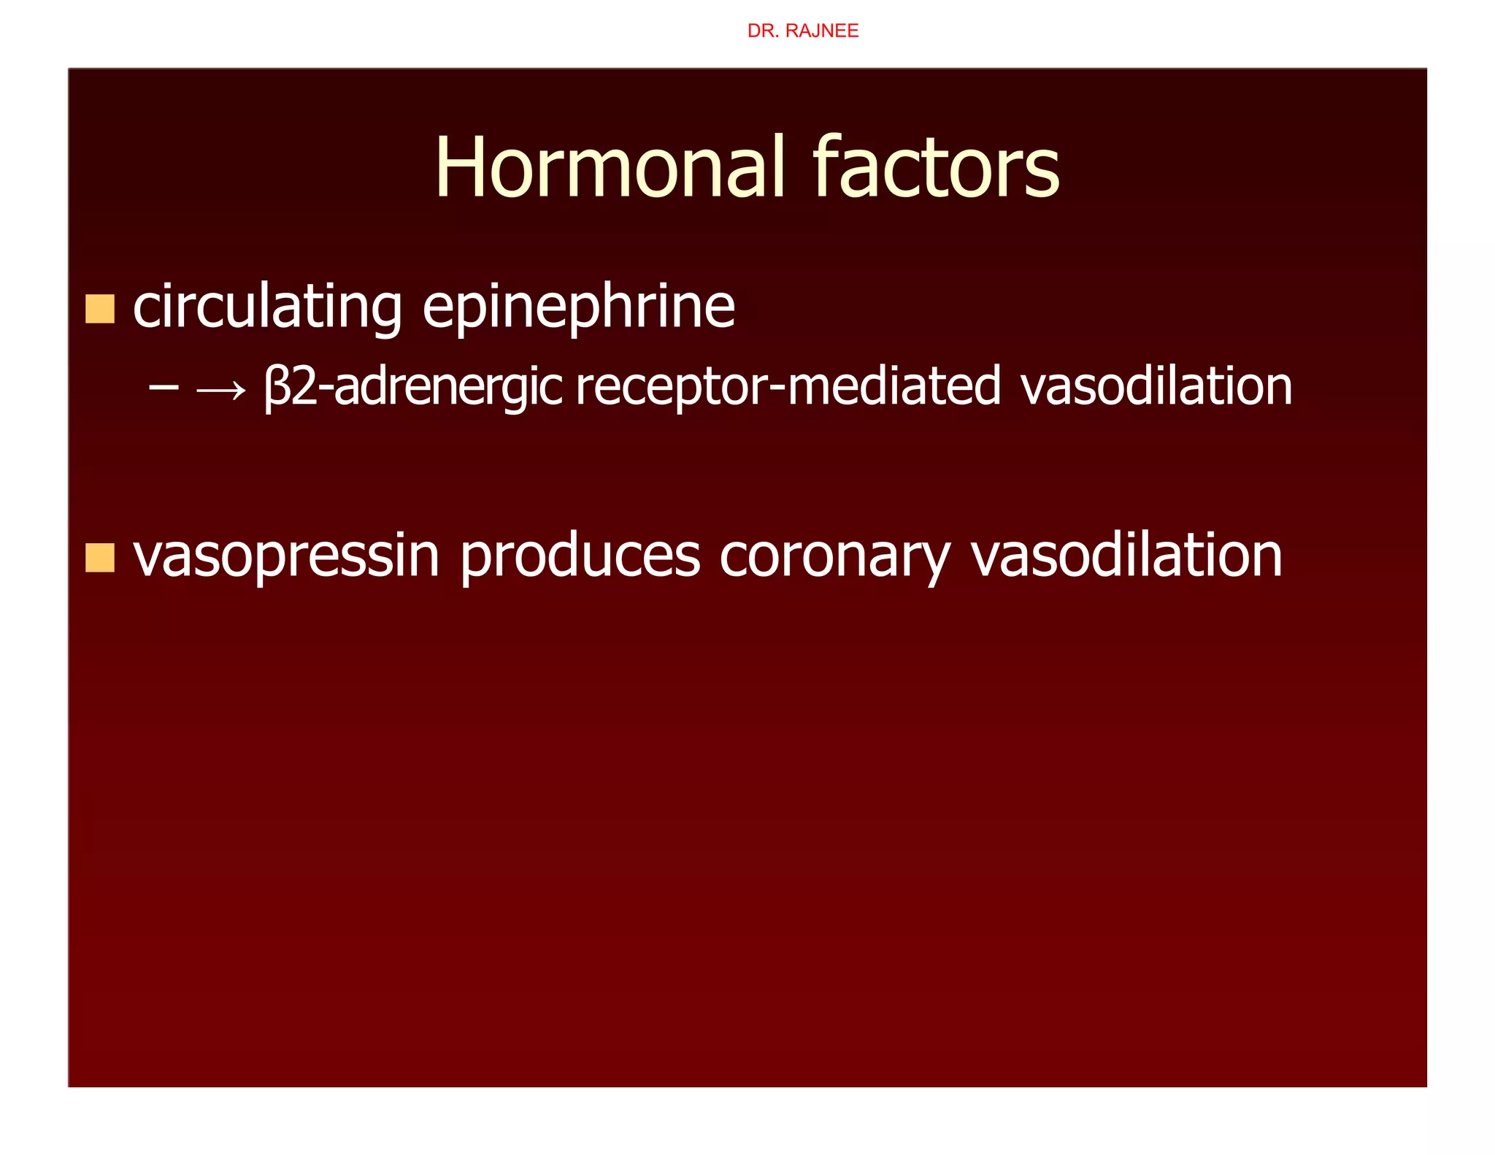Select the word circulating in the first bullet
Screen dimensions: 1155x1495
coord(267,307)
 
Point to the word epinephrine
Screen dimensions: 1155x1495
coord(578,307)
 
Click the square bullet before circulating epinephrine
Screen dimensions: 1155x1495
coord(100,309)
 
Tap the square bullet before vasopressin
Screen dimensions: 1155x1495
coord(100,558)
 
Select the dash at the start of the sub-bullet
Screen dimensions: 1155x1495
coord(163,387)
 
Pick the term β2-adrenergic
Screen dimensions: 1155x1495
coord(413,387)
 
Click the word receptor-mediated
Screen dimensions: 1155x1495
coord(788,387)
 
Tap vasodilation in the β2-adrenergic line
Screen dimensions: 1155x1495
coord(1156,387)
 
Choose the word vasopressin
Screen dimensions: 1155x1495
coord(286,556)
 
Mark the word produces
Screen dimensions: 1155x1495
coord(580,556)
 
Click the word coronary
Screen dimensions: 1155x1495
coord(835,556)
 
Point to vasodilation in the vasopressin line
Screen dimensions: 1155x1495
coord(1126,556)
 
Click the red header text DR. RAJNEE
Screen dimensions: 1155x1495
coord(802,31)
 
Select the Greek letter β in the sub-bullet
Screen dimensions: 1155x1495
coord(277,387)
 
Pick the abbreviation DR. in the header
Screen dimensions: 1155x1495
coord(763,31)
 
